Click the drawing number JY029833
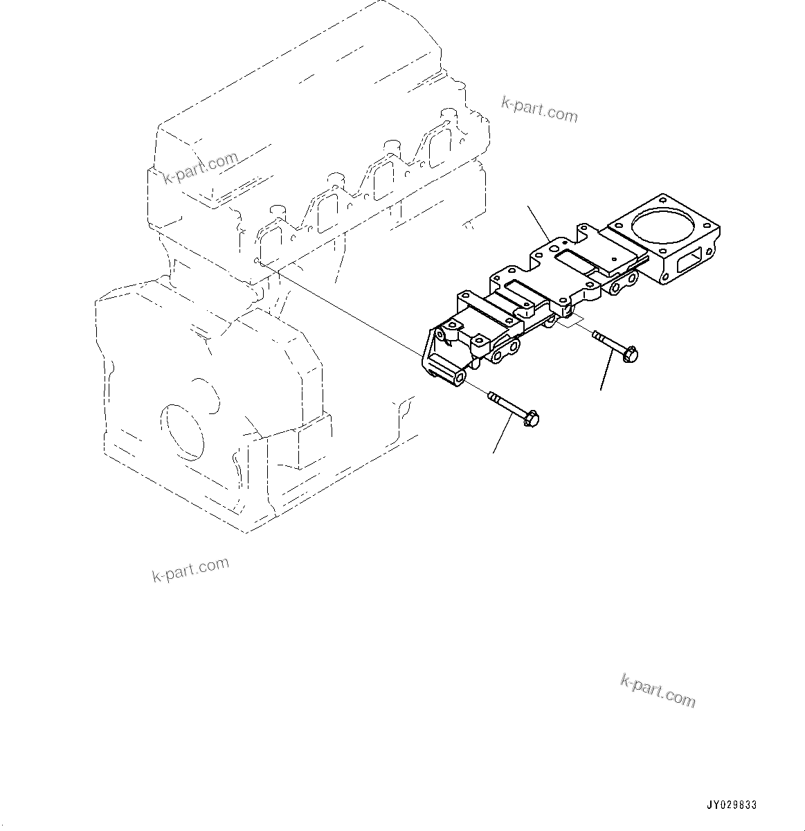point(732,805)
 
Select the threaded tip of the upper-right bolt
point(596,336)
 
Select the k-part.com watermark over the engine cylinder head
point(201,168)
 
